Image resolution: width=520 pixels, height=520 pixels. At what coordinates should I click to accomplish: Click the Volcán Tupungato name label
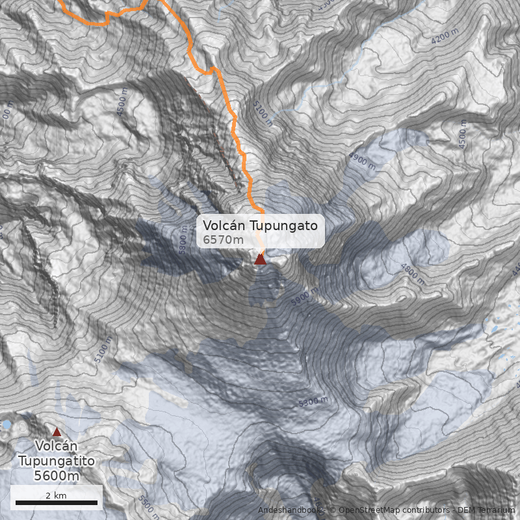(260, 226)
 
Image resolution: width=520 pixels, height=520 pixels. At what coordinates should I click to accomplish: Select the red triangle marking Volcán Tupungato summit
(260, 259)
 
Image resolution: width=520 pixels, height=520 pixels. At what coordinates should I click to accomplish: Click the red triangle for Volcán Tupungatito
(57, 432)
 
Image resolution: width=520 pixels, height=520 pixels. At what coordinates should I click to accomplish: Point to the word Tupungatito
(57, 461)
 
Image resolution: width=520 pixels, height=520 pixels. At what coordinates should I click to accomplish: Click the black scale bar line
(57, 502)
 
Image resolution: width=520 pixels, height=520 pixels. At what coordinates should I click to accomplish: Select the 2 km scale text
(57, 495)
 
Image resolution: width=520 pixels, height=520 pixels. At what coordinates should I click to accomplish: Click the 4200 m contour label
(445, 37)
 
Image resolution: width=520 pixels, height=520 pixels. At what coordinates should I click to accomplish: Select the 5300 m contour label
(314, 402)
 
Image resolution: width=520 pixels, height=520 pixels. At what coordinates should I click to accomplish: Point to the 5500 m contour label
(148, 504)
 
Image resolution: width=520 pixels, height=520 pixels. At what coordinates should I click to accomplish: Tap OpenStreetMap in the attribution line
(365, 510)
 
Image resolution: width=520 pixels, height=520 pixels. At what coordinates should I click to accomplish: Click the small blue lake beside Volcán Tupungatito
(6, 424)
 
